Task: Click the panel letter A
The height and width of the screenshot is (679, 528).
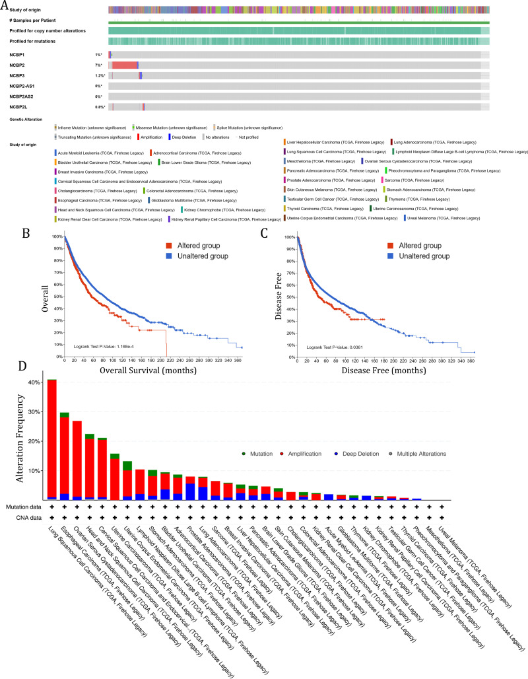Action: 5,5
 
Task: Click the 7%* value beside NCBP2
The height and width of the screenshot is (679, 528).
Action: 98,65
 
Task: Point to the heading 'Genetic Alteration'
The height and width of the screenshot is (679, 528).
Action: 26,120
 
